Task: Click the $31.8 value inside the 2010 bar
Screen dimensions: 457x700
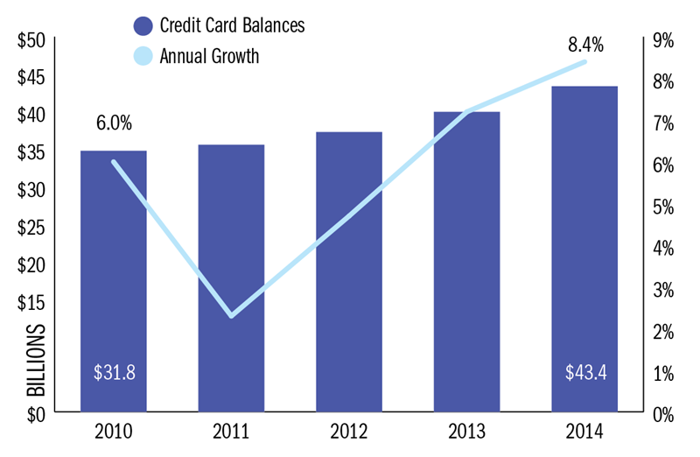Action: pyautogui.click(x=114, y=372)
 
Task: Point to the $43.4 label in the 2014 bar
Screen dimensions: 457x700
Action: pyautogui.click(x=585, y=372)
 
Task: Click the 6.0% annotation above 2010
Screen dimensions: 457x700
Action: pyautogui.click(x=114, y=123)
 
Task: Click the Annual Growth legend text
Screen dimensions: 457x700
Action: pyautogui.click(x=209, y=57)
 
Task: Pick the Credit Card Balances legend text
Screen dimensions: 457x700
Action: pyautogui.click(x=232, y=25)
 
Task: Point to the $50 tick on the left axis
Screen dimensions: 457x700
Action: pyautogui.click(x=32, y=40)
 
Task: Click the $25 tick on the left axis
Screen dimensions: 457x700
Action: pyautogui.click(x=32, y=227)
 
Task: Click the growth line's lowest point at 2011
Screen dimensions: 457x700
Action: pyautogui.click(x=231, y=315)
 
